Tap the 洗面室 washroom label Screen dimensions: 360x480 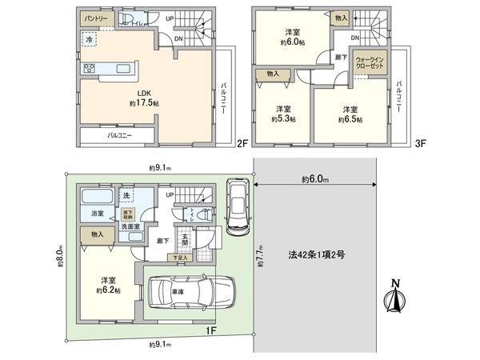pyautogui.click(x=130, y=226)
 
